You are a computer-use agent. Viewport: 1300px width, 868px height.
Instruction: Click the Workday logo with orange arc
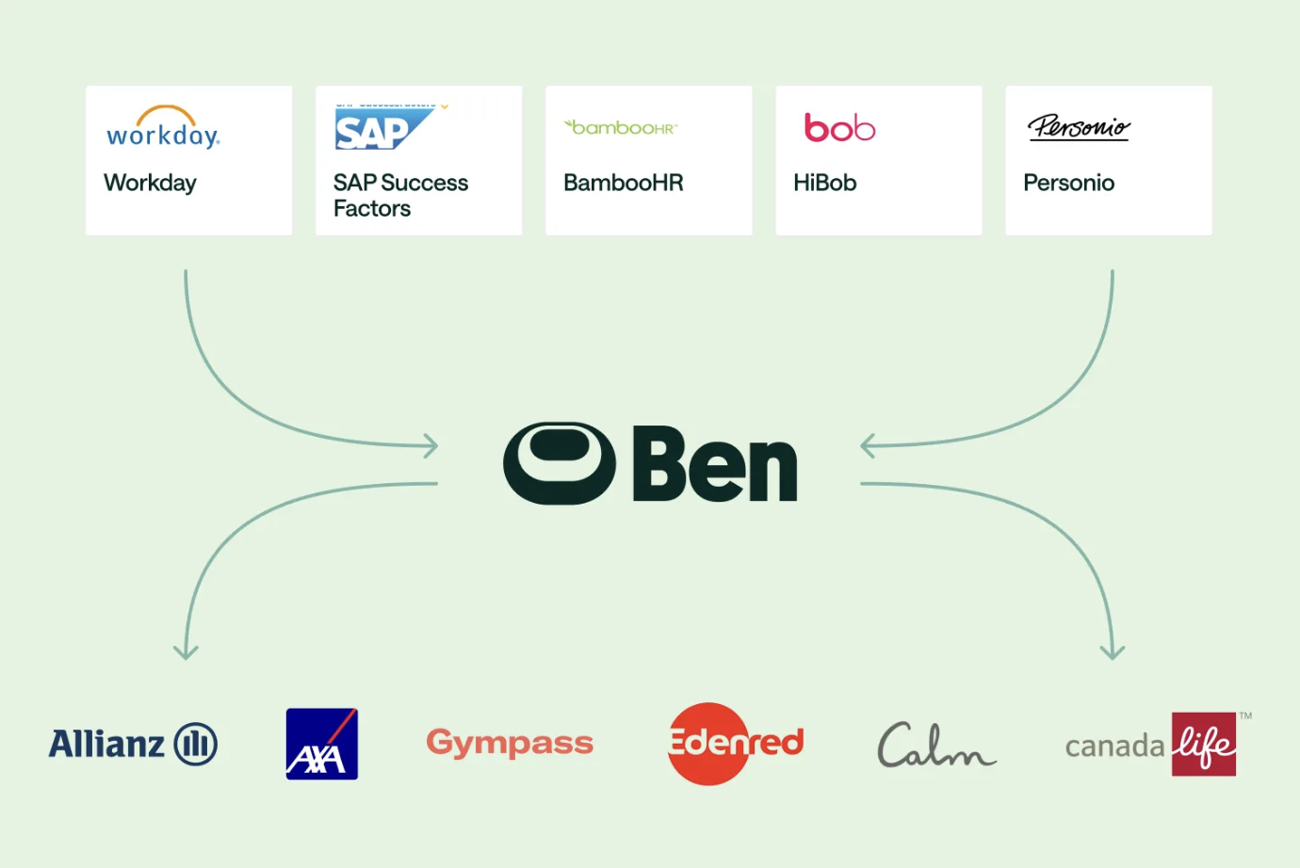163,128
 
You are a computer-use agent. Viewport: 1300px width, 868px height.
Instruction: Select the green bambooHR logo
622,127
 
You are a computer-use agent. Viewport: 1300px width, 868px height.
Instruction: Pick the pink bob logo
839,127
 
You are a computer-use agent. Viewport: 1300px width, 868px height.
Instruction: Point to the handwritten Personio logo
1079,127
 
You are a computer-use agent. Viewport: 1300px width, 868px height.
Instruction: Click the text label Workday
150,183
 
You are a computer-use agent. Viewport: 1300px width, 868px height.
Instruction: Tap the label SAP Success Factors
400,195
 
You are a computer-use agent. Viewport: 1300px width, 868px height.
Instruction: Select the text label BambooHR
624,183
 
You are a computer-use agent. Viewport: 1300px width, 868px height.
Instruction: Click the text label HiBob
824,183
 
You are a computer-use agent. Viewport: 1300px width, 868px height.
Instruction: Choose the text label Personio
1068,183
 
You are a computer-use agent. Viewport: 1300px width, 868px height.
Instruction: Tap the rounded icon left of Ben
560,463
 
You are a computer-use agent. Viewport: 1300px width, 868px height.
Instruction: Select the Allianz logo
133,744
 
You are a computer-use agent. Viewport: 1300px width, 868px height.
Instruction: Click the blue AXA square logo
322,744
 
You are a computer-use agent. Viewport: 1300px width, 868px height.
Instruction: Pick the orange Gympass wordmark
510,743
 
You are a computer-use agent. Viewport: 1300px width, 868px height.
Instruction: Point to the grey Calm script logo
935,745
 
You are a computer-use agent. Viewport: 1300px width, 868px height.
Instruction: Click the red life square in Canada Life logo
1204,744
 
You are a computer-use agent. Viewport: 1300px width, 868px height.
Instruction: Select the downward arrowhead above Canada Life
1113,651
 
